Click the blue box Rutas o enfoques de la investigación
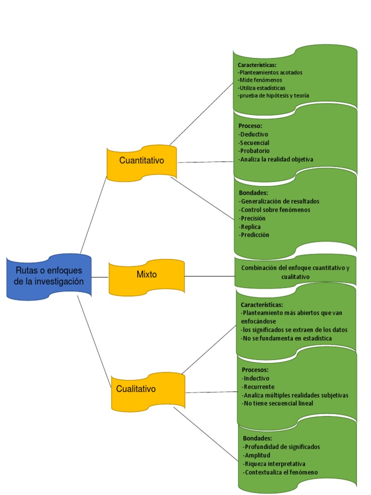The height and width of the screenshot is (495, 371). pyautogui.click(x=49, y=276)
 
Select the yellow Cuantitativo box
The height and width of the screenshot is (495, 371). pyautogui.click(x=142, y=161)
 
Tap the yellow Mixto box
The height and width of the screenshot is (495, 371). pyautogui.click(x=146, y=275)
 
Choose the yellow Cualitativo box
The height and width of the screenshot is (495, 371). pyautogui.click(x=136, y=389)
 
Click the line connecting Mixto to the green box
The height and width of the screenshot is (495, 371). pyautogui.click(x=210, y=276)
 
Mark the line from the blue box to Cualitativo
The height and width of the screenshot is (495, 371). pyautogui.click(x=94, y=336)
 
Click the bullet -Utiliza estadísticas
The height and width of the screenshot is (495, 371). pyautogui.click(x=261, y=88)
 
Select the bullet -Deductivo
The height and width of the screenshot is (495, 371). pyautogui.click(x=254, y=134)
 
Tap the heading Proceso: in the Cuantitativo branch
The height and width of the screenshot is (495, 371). pyautogui.click(x=250, y=126)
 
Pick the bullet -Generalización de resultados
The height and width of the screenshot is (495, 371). pyautogui.click(x=279, y=202)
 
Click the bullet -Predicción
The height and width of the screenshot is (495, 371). pyautogui.click(x=254, y=235)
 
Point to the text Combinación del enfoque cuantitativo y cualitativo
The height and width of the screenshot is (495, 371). pyautogui.click(x=295, y=272)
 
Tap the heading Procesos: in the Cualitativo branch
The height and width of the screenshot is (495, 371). pyautogui.click(x=255, y=370)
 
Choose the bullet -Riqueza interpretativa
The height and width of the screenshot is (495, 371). pyautogui.click(x=274, y=464)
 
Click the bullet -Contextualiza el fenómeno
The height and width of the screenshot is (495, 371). pyautogui.click(x=280, y=472)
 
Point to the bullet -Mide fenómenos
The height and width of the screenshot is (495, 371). pyautogui.click(x=260, y=80)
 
